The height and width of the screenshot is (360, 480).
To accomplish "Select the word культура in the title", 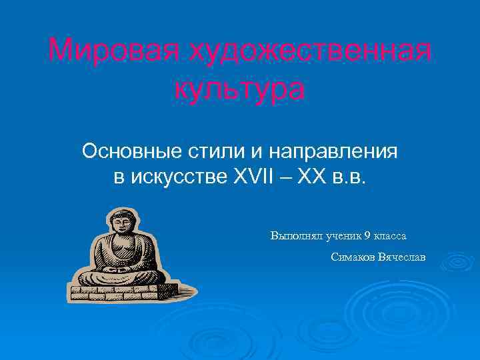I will (x=240, y=89).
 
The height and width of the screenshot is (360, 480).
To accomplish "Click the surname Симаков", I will (x=353, y=257).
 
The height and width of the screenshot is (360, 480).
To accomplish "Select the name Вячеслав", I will (x=401, y=257).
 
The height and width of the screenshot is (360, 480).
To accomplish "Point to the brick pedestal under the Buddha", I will (x=127, y=290).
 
